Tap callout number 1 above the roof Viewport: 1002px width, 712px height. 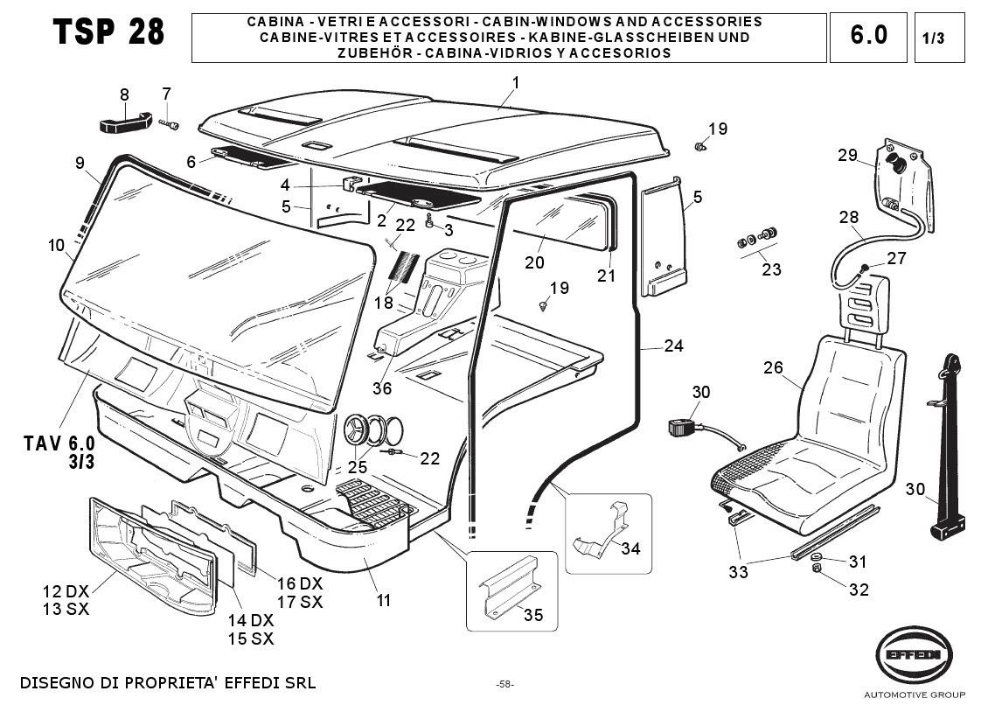(516, 83)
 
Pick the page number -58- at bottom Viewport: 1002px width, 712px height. (504, 684)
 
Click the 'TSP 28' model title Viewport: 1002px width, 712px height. (108, 32)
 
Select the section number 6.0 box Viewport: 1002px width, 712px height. (868, 36)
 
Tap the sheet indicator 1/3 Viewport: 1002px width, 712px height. (934, 38)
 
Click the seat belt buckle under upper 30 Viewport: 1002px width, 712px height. (682, 429)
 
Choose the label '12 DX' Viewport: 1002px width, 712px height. (65, 590)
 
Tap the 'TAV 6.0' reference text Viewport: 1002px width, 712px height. (59, 445)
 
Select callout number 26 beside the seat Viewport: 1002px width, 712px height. (773, 367)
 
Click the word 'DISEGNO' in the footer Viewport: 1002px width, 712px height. (53, 682)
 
